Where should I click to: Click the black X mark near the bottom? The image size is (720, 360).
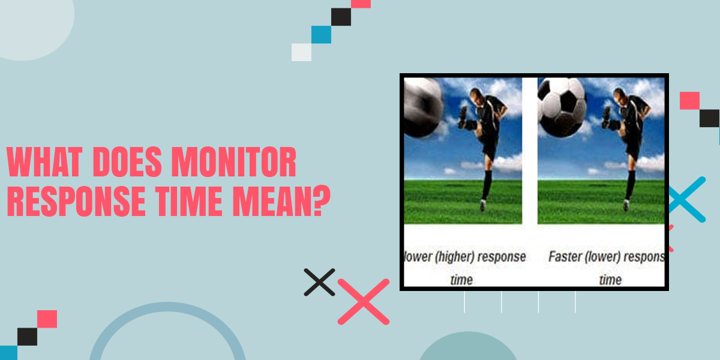pos(319,281)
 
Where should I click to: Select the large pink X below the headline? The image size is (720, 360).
pos(364,301)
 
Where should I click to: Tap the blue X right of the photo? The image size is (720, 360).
pos(685,199)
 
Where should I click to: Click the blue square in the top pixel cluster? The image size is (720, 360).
pos(321,35)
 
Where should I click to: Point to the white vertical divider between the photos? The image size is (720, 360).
pos(530,150)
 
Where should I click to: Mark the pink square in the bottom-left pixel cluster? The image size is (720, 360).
pos(47,319)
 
